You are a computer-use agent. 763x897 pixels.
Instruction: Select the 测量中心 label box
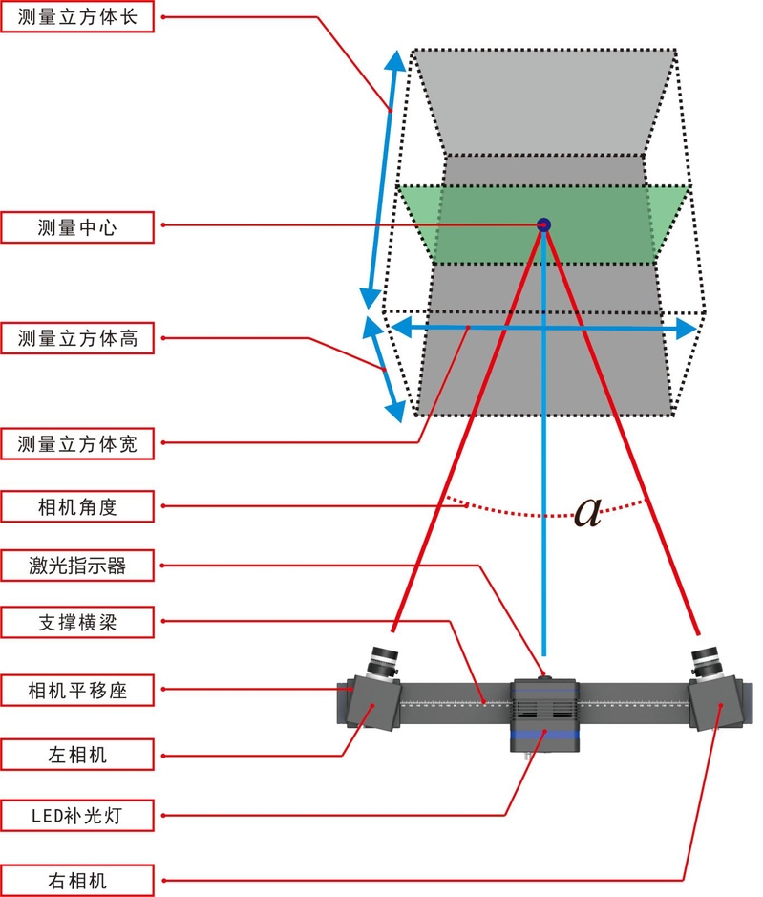77,226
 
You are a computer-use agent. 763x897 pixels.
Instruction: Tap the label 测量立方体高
77,338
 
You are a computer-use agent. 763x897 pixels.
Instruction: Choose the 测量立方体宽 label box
77,443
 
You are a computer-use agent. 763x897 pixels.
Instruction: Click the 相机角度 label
77,506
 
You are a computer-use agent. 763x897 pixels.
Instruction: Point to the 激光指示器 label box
77,565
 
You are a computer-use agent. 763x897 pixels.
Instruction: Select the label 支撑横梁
77,622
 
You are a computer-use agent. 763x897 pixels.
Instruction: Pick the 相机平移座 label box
77,689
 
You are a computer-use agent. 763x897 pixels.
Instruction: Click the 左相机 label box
77,755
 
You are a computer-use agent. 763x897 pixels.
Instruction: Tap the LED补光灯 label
77,816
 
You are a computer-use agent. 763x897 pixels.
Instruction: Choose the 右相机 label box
77,879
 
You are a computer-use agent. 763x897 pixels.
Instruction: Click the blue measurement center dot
544,225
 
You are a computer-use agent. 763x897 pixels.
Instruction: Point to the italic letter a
587,513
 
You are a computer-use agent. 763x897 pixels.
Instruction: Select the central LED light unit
544,713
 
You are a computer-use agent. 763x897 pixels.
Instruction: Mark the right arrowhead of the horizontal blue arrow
687,329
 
